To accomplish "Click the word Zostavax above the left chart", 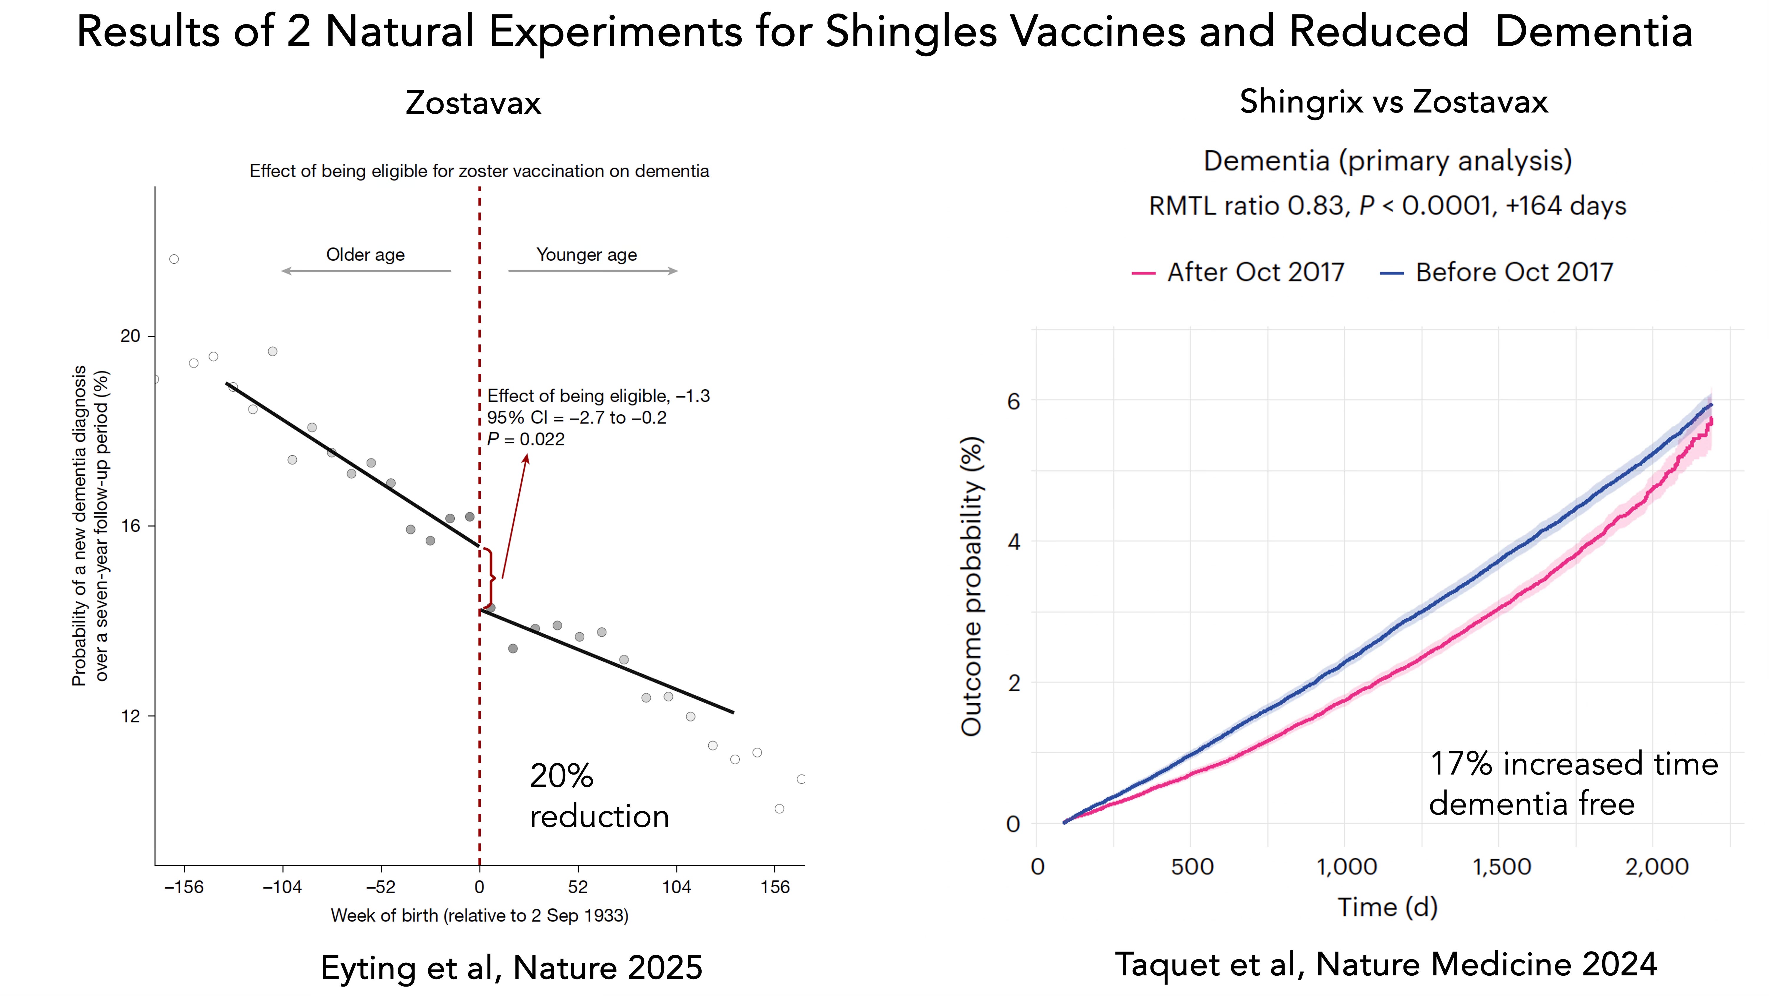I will click(473, 103).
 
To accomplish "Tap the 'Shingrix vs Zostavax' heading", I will click(1393, 102).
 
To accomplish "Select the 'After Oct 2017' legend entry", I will click(1238, 272).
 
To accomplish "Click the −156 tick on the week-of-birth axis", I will click(184, 887).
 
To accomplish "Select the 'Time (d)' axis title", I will click(1387, 907).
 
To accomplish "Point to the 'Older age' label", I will click(365, 255).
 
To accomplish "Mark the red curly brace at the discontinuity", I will click(490, 578).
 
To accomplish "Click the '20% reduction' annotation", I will click(599, 796).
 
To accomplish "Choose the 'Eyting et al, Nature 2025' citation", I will click(512, 968).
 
